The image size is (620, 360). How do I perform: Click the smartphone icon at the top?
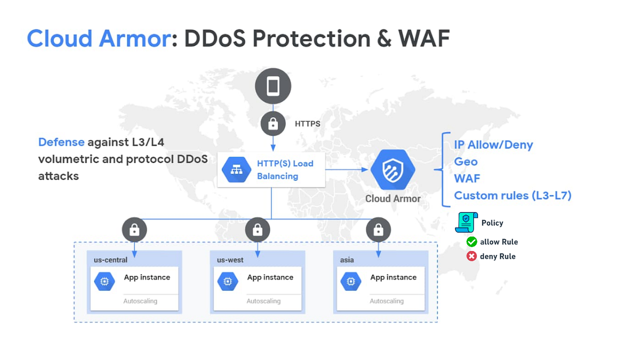point(273,86)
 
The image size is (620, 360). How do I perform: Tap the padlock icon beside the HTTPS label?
point(273,124)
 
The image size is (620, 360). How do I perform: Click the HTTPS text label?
point(307,124)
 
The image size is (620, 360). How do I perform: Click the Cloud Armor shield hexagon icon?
point(393,169)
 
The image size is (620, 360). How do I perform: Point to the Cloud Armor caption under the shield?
point(393,198)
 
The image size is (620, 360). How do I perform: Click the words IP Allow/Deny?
point(493,145)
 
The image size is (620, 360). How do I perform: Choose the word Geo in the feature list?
point(466,162)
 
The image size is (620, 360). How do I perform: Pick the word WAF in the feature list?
point(467,178)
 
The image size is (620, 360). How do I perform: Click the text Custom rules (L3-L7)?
point(512,195)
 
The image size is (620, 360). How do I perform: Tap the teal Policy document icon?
point(465,223)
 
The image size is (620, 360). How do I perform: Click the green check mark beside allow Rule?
point(471,242)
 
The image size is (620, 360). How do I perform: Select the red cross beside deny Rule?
point(471,256)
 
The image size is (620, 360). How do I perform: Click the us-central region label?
point(111,260)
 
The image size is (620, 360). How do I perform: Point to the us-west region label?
point(230,260)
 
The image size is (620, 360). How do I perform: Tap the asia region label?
point(347,260)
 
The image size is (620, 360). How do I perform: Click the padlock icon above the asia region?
point(378,230)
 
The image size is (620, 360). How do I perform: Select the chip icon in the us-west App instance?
point(227,281)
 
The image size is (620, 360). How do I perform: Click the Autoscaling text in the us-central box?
point(141,301)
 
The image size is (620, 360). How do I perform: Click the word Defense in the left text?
point(61,142)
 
